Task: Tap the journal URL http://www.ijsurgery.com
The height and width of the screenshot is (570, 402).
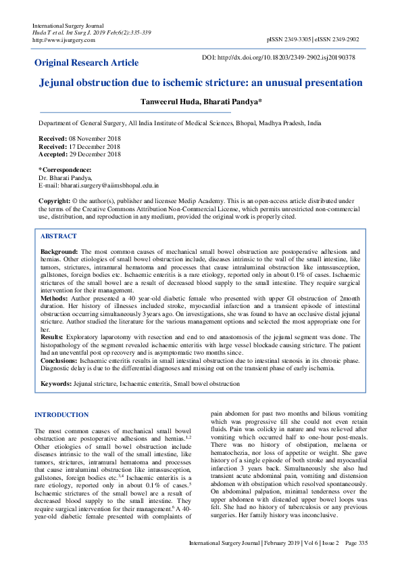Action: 64,40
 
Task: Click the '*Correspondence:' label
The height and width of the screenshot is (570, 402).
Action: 65,169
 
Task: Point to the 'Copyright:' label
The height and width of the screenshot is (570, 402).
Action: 55,201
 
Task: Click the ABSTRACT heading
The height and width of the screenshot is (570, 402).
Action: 59,237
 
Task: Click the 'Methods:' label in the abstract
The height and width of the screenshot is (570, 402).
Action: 54,297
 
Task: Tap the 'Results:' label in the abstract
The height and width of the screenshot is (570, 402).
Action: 53,336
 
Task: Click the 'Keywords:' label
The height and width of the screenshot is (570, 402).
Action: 56,384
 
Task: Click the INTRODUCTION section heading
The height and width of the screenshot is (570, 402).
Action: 61,414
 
